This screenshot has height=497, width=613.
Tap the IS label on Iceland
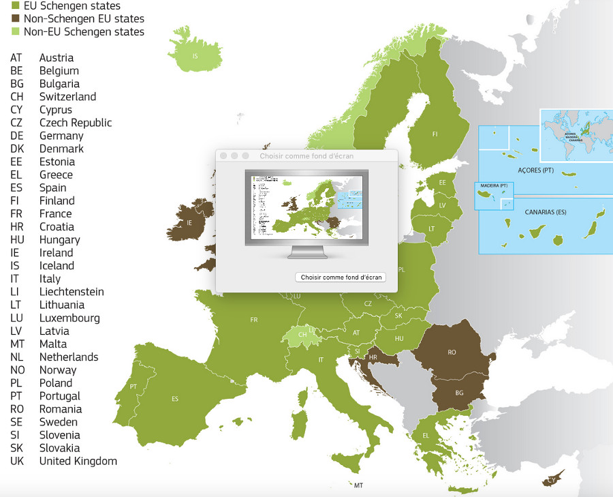[195, 57]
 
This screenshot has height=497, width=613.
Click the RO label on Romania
[452, 352]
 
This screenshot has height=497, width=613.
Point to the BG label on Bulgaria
[459, 393]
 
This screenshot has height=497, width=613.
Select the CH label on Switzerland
[302, 335]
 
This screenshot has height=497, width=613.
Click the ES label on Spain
[175, 399]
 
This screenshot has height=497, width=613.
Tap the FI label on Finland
[435, 134]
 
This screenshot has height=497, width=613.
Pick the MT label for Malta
[358, 485]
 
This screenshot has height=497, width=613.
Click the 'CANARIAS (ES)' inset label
[546, 212]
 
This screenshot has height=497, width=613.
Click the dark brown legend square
[16, 19]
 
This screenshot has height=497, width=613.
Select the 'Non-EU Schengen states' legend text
[84, 32]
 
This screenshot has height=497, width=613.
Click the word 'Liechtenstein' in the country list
[72, 292]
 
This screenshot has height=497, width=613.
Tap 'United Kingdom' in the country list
[78, 461]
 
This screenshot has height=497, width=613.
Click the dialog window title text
[306, 156]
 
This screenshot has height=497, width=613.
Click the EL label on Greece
[426, 436]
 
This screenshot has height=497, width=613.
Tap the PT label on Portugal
[133, 387]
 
